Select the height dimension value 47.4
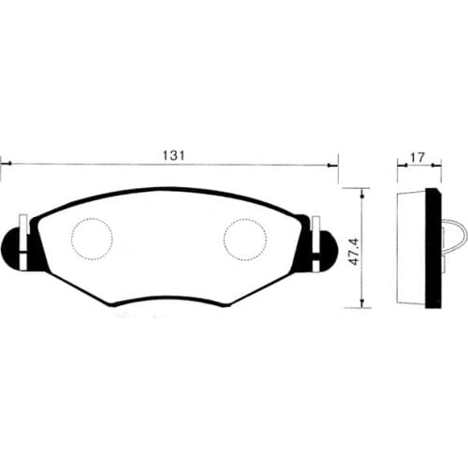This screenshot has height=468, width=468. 352,247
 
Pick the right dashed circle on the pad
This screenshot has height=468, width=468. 245,239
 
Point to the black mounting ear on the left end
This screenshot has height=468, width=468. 16,245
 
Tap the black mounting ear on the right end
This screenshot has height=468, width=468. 323,245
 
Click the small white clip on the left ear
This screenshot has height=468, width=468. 22,226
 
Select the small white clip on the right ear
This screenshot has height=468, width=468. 316,226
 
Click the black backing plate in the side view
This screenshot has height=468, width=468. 433,248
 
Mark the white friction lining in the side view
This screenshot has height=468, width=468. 412,248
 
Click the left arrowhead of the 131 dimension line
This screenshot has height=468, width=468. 4,164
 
